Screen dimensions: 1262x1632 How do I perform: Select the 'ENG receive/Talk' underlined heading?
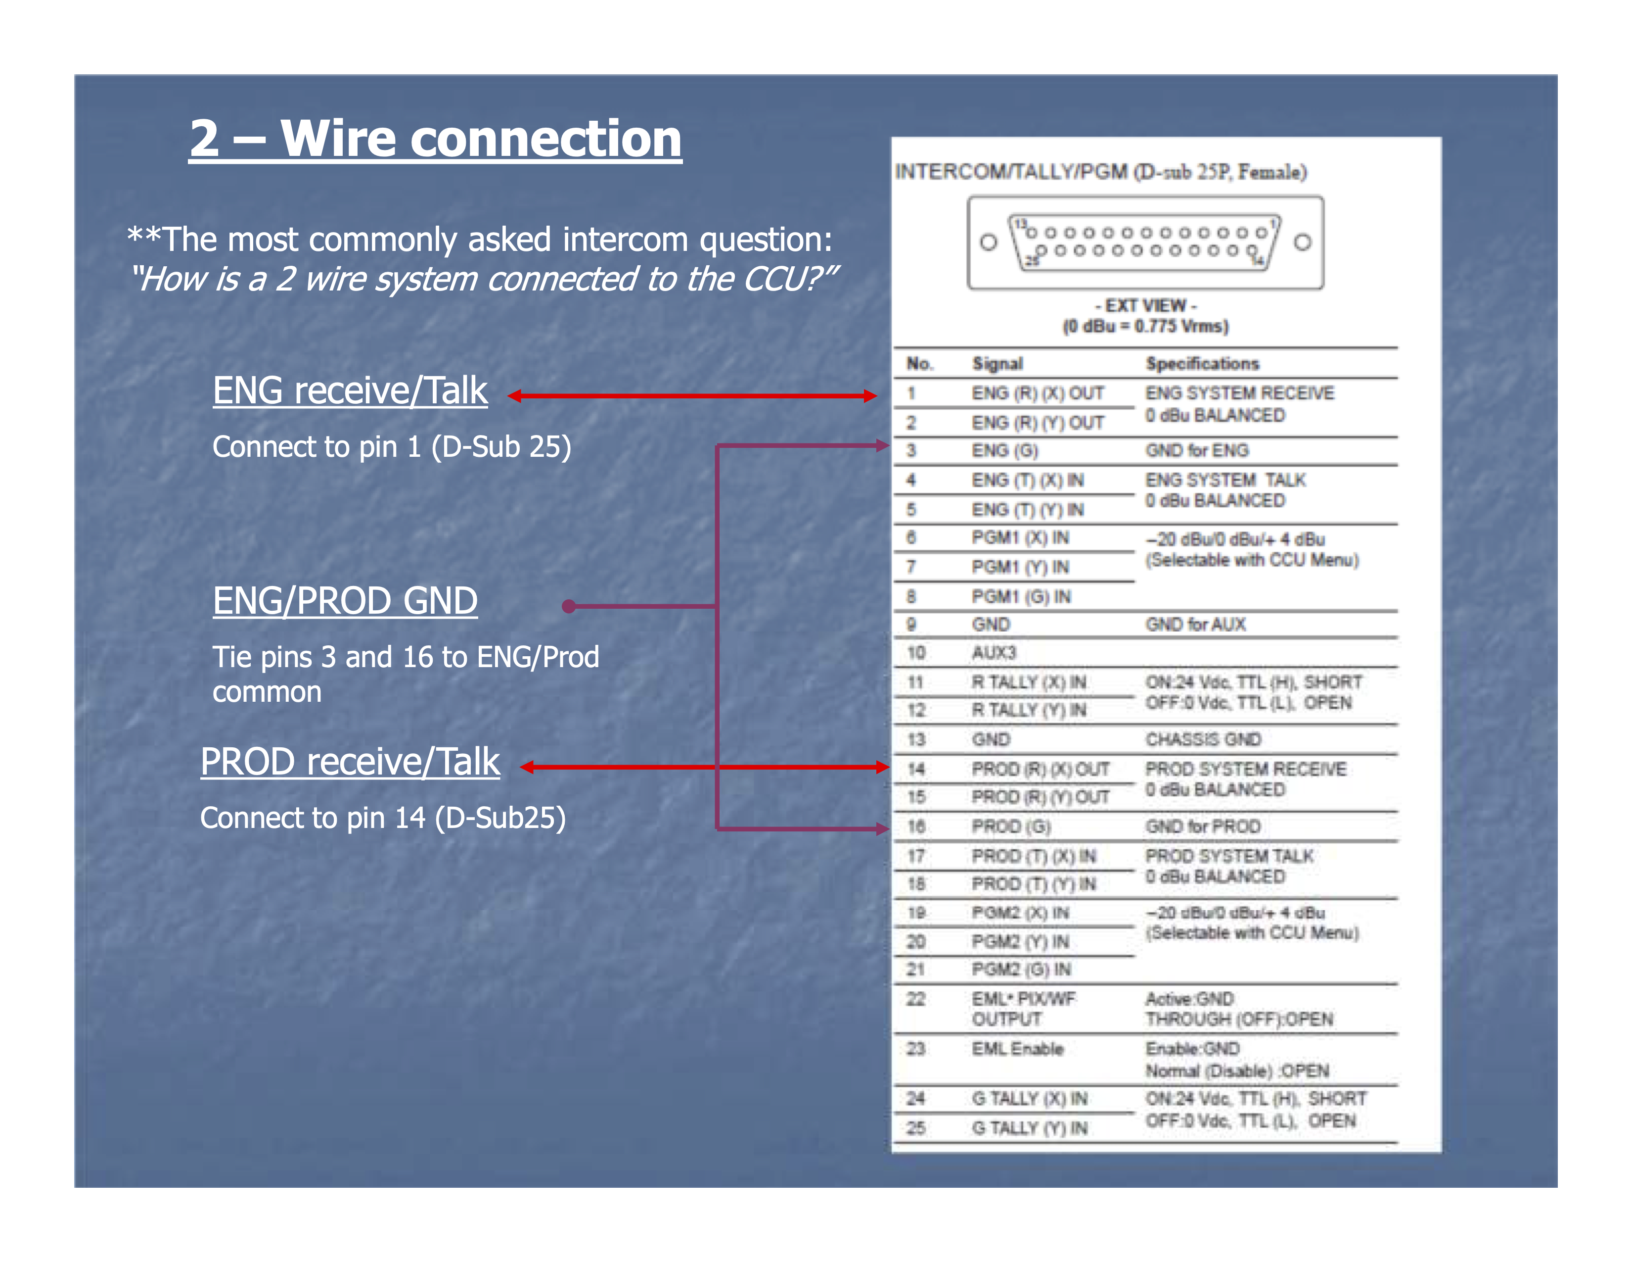click(350, 391)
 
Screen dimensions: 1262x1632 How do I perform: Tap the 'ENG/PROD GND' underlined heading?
click(345, 601)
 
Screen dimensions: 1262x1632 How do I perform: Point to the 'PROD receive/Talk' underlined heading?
click(350, 763)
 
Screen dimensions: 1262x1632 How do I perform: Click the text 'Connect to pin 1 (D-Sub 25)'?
click(392, 447)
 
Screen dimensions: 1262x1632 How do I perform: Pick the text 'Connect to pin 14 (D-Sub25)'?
click(383, 818)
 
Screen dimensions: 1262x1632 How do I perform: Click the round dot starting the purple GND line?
click(569, 606)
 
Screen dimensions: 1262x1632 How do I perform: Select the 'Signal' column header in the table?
click(997, 364)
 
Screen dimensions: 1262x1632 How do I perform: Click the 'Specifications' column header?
click(1202, 364)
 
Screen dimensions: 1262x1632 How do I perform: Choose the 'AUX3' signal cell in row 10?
click(994, 653)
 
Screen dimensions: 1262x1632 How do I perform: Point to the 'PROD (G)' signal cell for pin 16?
click(1011, 827)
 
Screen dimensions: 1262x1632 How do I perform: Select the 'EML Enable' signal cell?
click(1017, 1049)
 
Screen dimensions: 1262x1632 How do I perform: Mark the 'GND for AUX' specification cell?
click(1196, 625)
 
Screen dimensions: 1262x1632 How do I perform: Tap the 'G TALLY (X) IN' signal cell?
click(1029, 1099)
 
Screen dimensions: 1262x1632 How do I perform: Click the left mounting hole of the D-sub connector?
click(988, 242)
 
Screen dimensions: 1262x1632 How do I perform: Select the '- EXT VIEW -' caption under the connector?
click(1145, 306)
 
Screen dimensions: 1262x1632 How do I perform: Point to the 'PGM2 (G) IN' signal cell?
click(1021, 970)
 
